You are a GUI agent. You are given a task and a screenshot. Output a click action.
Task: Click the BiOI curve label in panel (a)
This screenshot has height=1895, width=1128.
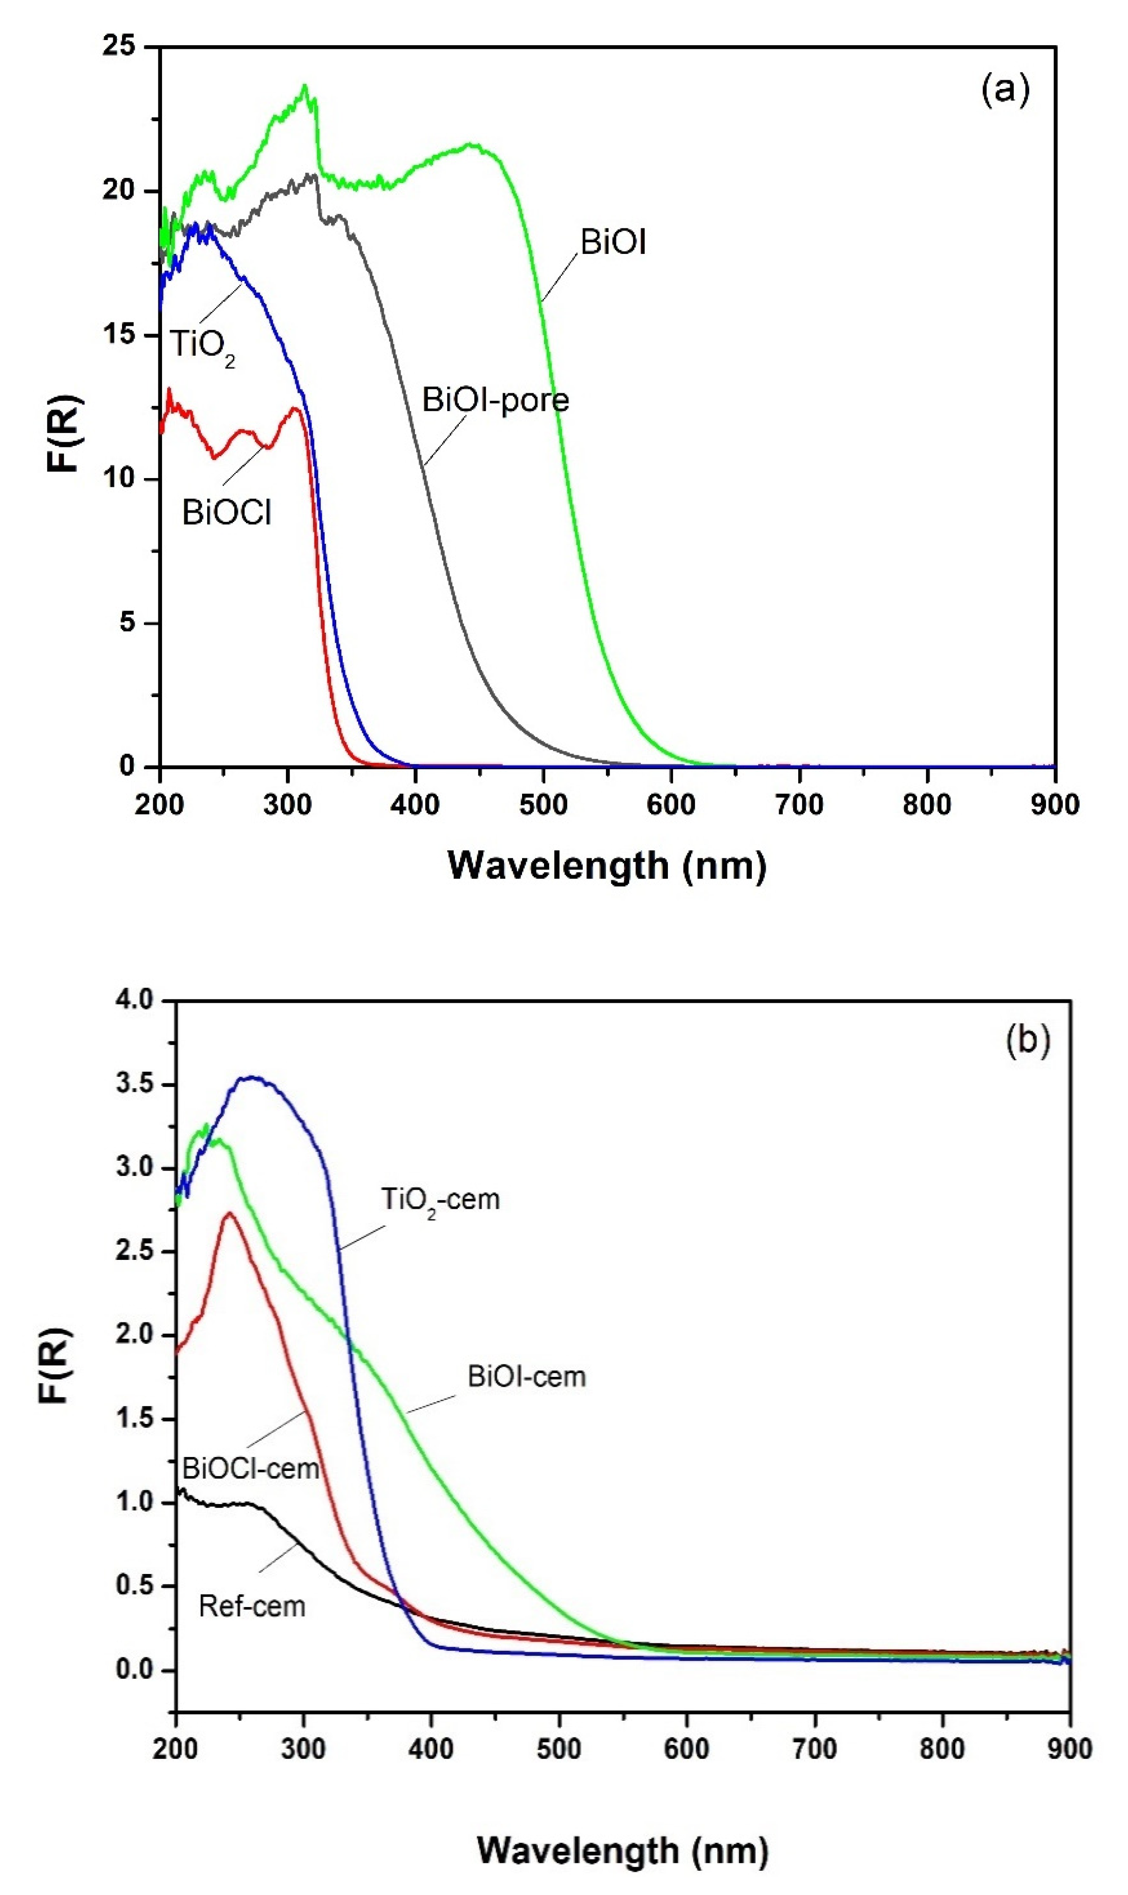click(612, 243)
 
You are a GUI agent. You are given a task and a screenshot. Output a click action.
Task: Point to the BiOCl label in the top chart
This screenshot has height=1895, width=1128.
click(226, 513)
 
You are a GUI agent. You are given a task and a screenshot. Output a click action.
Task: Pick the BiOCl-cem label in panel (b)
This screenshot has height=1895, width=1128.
click(251, 1468)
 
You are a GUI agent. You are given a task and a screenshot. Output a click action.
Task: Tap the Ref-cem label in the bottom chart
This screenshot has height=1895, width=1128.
click(252, 1606)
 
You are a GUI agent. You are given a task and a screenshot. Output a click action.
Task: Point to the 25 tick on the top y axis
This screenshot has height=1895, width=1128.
click(119, 47)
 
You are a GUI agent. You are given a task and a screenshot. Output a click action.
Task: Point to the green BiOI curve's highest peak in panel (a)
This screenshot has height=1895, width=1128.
click(305, 85)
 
